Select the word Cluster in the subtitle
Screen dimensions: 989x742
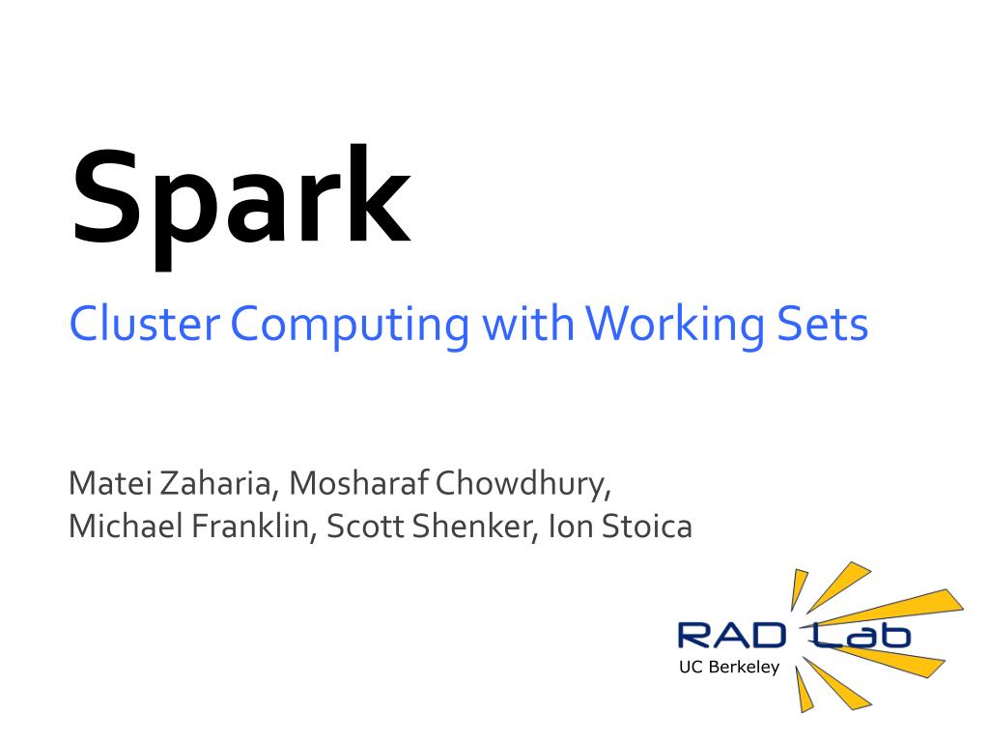click(x=145, y=324)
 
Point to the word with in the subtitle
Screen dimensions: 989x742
click(x=528, y=324)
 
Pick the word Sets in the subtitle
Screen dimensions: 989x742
click(x=823, y=325)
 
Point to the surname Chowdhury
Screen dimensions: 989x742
click(x=523, y=486)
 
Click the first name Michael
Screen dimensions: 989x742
click(x=126, y=527)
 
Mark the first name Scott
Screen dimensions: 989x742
click(x=364, y=528)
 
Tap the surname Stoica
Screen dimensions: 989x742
click(x=646, y=528)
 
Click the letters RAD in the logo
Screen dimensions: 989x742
click(x=731, y=636)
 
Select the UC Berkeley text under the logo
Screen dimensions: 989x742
click(x=729, y=667)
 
